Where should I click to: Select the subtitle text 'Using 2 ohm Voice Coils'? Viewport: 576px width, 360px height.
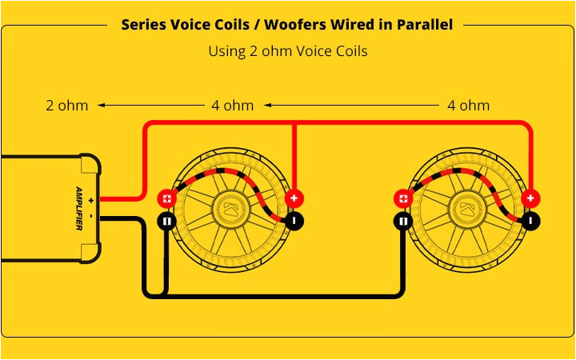[x=287, y=51]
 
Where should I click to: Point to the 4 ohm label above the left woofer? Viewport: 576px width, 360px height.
[x=232, y=105]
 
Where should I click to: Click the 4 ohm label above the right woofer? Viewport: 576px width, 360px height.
[x=468, y=105]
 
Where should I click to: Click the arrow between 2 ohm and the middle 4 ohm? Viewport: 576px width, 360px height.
[x=150, y=105]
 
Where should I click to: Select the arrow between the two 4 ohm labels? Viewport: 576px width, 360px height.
[x=352, y=105]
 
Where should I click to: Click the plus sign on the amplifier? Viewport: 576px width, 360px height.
[x=91, y=198]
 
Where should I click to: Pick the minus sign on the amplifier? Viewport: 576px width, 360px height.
[x=91, y=216]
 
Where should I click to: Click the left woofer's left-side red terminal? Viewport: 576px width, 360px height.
[x=166, y=198]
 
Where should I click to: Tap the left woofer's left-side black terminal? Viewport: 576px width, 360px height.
[x=166, y=221]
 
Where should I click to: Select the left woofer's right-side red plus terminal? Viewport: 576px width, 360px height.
[x=294, y=198]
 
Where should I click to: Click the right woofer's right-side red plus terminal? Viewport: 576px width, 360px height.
[x=530, y=198]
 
